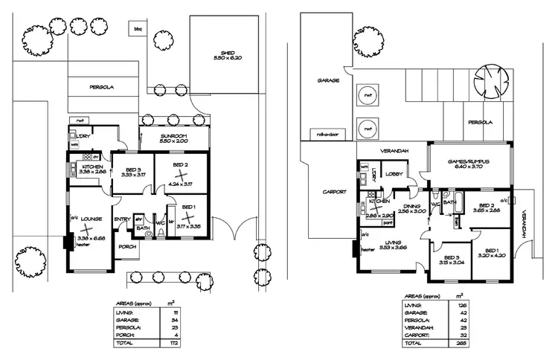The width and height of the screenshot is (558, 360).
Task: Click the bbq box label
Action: (x=137, y=29)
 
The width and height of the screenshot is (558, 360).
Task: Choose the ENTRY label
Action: (x=122, y=219)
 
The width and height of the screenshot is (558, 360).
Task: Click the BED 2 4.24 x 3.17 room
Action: (x=181, y=173)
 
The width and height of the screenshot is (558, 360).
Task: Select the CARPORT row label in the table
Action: (x=413, y=335)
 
